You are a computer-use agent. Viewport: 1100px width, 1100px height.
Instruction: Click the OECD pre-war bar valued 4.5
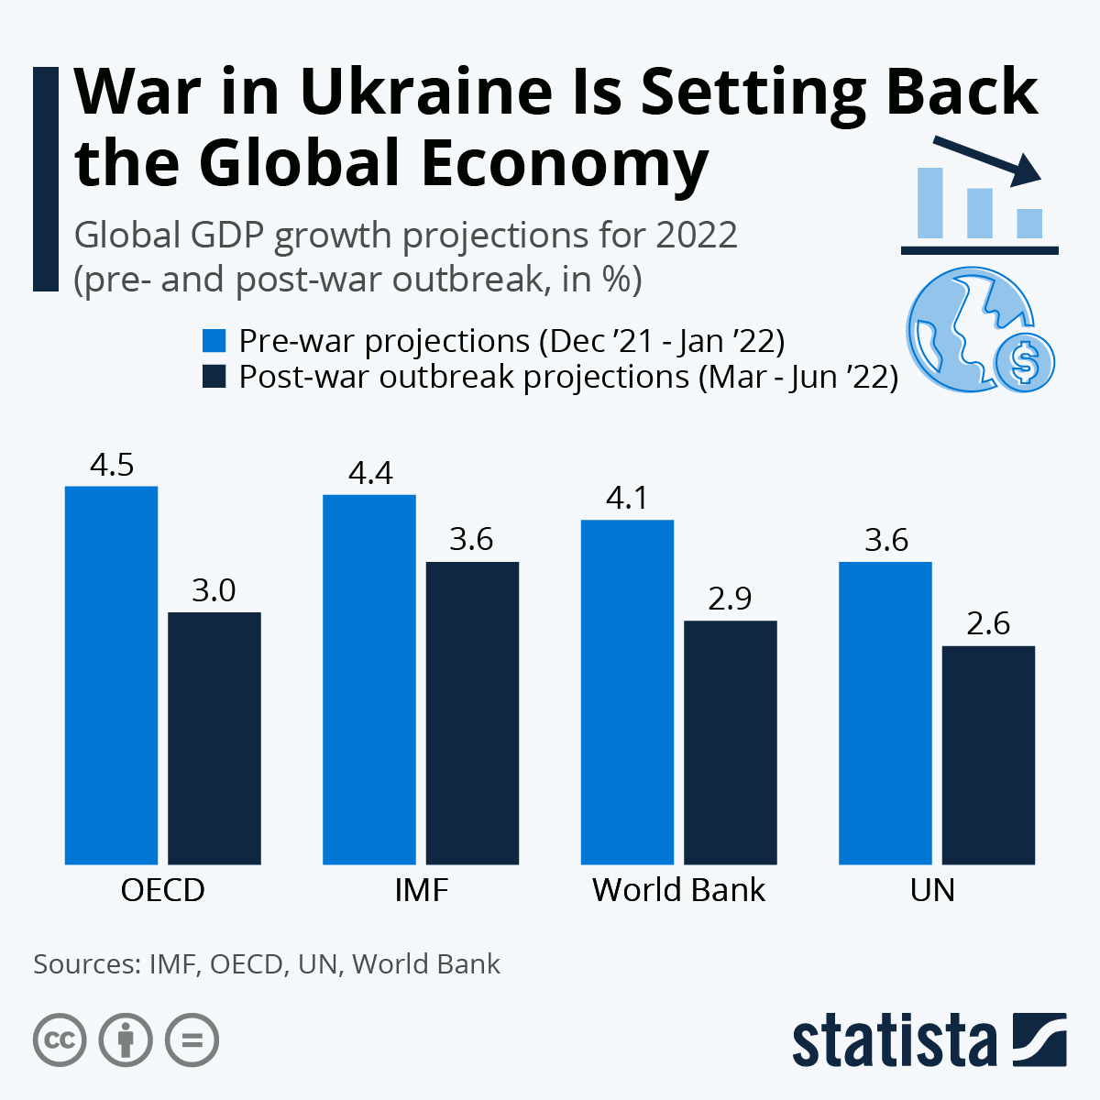[111, 675]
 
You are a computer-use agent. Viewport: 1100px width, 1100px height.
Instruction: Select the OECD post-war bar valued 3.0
[214, 738]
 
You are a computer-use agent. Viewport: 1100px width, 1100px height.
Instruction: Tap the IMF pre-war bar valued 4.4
[369, 679]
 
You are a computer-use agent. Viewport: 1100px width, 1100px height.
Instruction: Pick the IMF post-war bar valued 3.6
[473, 712]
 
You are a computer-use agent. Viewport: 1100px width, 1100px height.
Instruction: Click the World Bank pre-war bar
[628, 692]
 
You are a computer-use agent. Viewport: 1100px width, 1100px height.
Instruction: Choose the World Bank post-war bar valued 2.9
[731, 742]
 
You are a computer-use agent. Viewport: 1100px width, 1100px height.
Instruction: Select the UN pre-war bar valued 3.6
[885, 712]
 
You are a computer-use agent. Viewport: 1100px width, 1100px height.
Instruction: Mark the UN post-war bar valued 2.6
[989, 754]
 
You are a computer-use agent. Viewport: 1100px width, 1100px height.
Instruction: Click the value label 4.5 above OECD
[112, 466]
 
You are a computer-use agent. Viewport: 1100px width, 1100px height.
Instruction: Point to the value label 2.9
[731, 599]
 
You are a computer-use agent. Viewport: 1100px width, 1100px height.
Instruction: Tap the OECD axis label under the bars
[163, 890]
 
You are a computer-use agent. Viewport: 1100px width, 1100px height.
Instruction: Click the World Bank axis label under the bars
[678, 890]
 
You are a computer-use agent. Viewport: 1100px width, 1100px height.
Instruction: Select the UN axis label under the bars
[933, 890]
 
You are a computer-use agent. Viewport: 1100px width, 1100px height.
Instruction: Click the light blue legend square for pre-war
[214, 341]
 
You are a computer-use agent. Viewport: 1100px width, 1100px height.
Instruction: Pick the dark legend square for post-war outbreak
[214, 377]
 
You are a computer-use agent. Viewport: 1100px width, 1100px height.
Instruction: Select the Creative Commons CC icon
[60, 1040]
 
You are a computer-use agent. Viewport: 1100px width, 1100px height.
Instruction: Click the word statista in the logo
[894, 1041]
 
